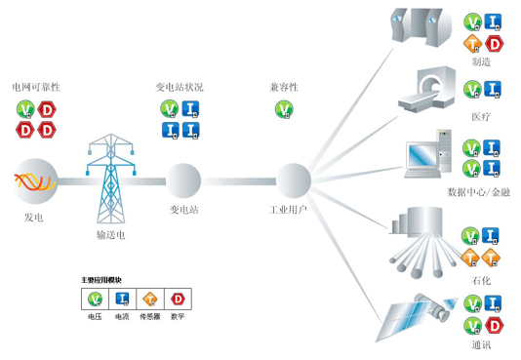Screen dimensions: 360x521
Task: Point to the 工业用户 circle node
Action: pos(293,180)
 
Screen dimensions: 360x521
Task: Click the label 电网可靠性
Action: pos(35,88)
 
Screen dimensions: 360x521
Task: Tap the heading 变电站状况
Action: pos(180,88)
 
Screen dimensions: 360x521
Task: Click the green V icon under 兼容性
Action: pos(284,107)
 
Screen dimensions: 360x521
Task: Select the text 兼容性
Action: pos(284,88)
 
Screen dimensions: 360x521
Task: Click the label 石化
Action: pos(481,281)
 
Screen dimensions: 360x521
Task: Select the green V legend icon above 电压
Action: pos(96,300)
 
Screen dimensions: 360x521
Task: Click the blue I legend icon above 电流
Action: pos(122,300)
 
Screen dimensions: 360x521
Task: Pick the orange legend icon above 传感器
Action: pos(150,300)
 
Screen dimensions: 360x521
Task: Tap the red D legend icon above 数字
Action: pos(178,300)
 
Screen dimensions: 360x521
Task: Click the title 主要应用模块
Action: pos(101,281)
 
